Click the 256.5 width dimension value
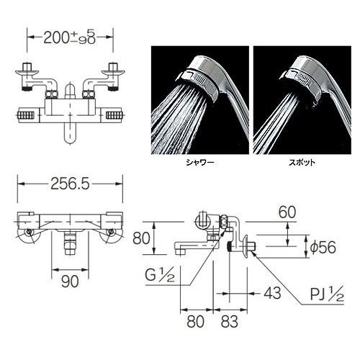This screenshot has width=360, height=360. click(x=70, y=184)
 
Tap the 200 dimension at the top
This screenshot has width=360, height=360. click(x=55, y=38)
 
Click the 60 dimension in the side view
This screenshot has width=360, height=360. click(x=287, y=212)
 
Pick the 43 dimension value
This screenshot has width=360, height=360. click(x=272, y=293)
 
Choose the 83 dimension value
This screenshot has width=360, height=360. click(x=230, y=321)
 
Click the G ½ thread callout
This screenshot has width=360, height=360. click(x=160, y=275)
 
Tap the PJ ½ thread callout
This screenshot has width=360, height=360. click(x=327, y=294)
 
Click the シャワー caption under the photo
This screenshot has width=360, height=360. click(x=200, y=163)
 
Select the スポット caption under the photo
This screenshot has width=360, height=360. click(x=302, y=163)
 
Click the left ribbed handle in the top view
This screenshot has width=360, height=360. click(x=26, y=116)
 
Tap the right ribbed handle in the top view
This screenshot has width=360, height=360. click(x=114, y=116)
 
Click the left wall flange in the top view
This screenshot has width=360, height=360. click(x=27, y=71)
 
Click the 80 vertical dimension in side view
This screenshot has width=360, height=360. click(x=141, y=238)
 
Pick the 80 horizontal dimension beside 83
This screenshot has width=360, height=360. click(x=196, y=321)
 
